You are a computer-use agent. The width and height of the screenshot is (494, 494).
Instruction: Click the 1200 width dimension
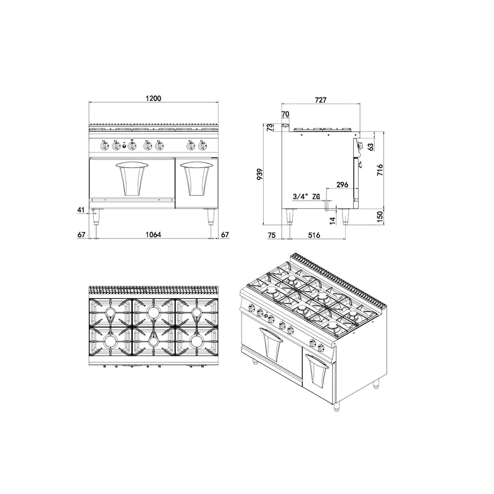click(153, 98)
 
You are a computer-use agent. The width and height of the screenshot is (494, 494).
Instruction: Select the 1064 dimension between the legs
click(153, 235)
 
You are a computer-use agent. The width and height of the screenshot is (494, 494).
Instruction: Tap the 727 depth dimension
click(320, 100)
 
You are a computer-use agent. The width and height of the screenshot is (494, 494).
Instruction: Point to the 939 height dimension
click(260, 174)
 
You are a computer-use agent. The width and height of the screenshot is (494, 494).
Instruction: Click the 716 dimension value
click(380, 170)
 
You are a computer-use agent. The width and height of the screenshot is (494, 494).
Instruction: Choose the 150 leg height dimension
click(380, 217)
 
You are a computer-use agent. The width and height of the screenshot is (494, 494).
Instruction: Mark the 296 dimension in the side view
click(343, 184)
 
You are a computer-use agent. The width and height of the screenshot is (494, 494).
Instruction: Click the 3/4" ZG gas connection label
click(306, 196)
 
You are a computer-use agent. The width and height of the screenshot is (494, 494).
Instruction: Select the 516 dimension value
click(314, 235)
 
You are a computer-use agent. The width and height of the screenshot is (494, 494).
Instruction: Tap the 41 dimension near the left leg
click(82, 209)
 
